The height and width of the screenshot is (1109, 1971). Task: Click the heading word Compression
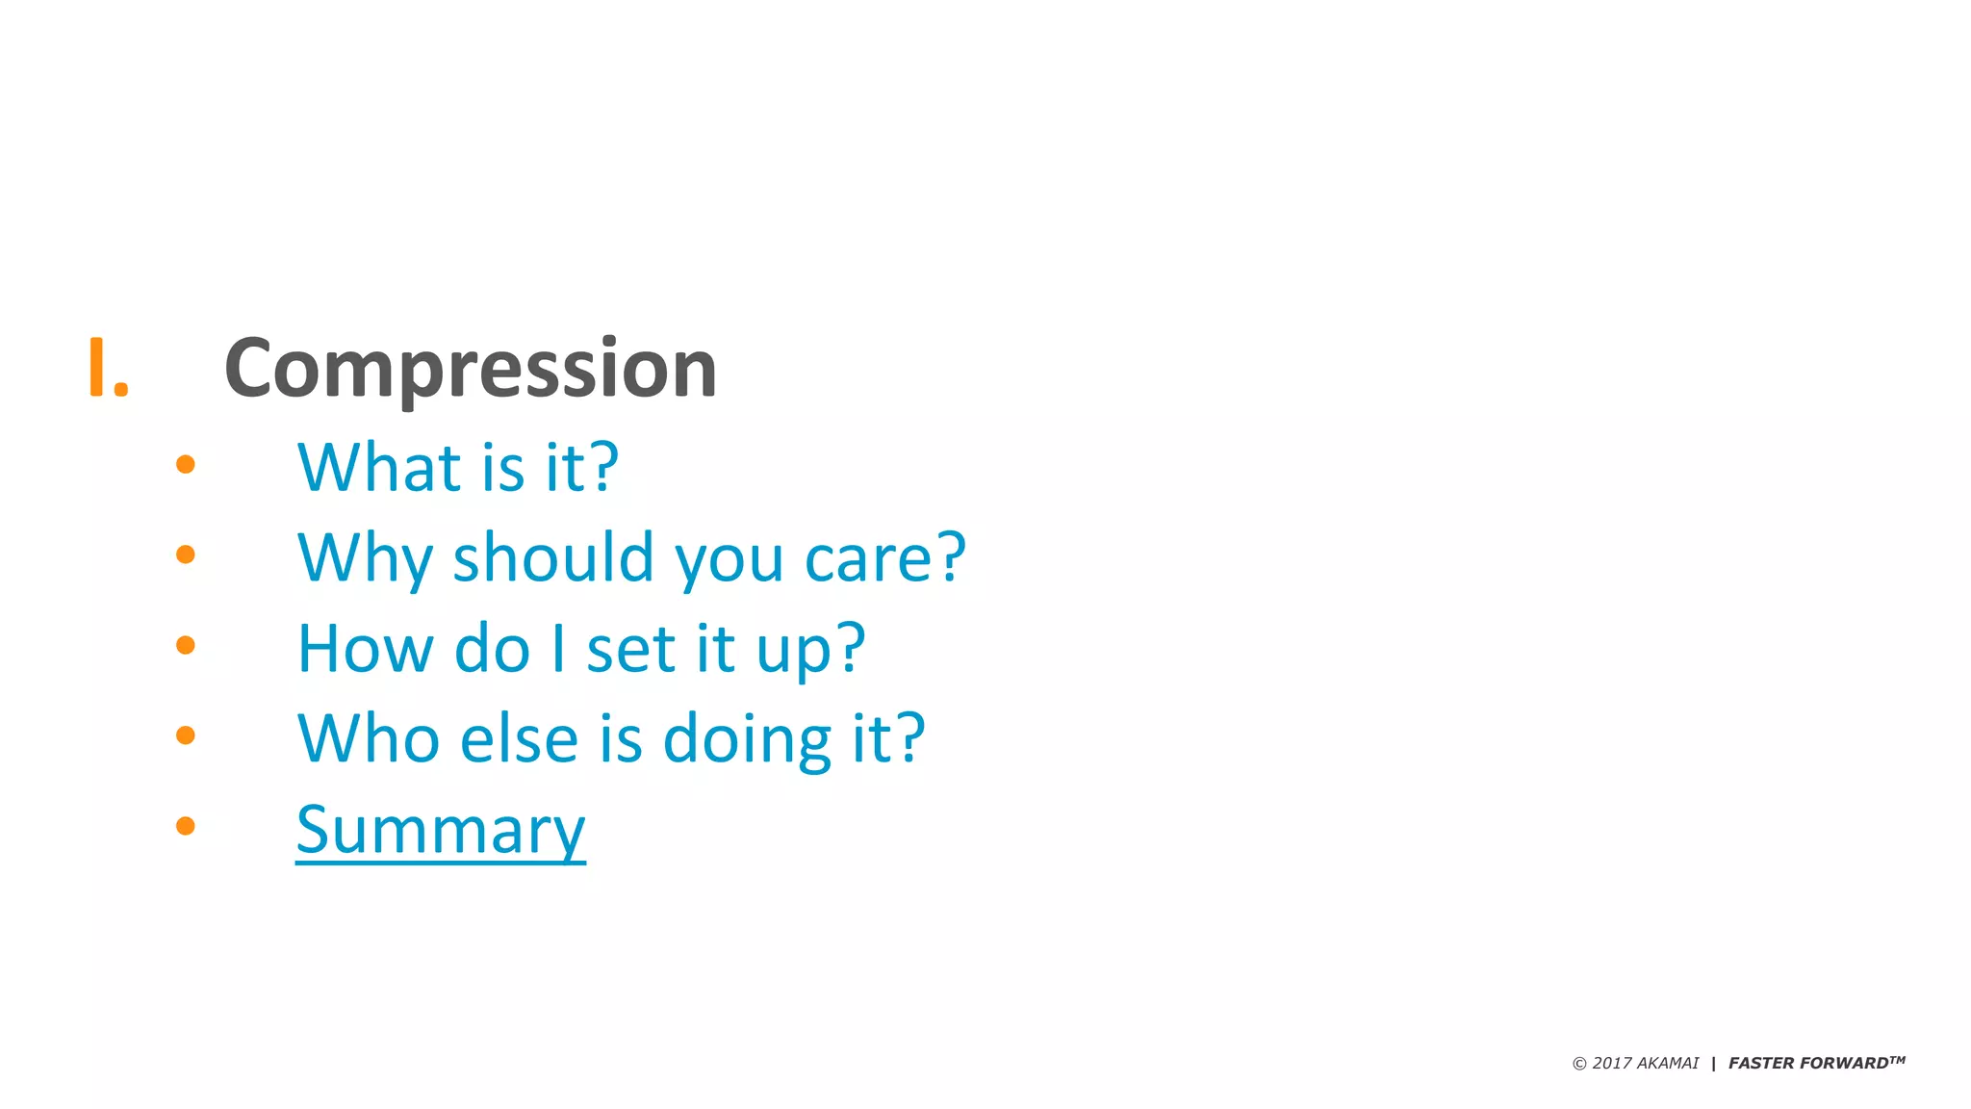coord(471,369)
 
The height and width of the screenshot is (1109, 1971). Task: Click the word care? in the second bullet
coord(884,557)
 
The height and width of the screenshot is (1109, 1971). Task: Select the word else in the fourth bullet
coord(519,738)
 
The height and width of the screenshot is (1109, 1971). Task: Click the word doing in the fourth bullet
coord(748,740)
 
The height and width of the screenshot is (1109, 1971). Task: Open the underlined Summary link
coord(441,830)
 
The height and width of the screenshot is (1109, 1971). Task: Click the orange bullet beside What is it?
coord(186,465)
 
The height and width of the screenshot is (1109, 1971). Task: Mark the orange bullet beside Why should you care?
coord(186,554)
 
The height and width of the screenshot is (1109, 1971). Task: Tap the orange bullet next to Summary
coord(186,826)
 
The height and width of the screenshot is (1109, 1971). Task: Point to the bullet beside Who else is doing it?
coord(186,735)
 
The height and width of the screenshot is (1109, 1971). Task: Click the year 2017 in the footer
coord(1611,1063)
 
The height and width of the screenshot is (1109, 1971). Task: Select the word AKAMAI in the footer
coord(1668,1063)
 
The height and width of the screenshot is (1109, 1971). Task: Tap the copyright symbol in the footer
coord(1579,1064)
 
